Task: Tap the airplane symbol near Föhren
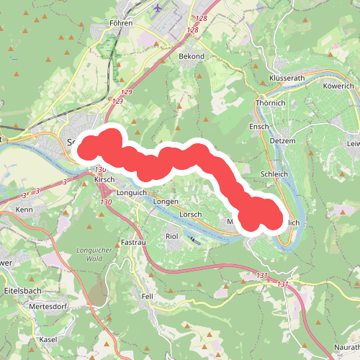pos(158,8)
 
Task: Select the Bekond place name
pos(192,56)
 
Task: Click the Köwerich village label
pos(339,85)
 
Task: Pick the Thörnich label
pos(271,103)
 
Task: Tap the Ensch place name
pos(258,127)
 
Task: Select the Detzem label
pos(283,140)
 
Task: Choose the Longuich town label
pos(131,192)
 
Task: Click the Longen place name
pos(165,202)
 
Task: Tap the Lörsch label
pos(190,215)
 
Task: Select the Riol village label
pos(171,235)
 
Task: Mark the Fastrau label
pos(133,242)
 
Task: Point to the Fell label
pos(148,296)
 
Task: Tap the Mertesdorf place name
pos(48,306)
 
